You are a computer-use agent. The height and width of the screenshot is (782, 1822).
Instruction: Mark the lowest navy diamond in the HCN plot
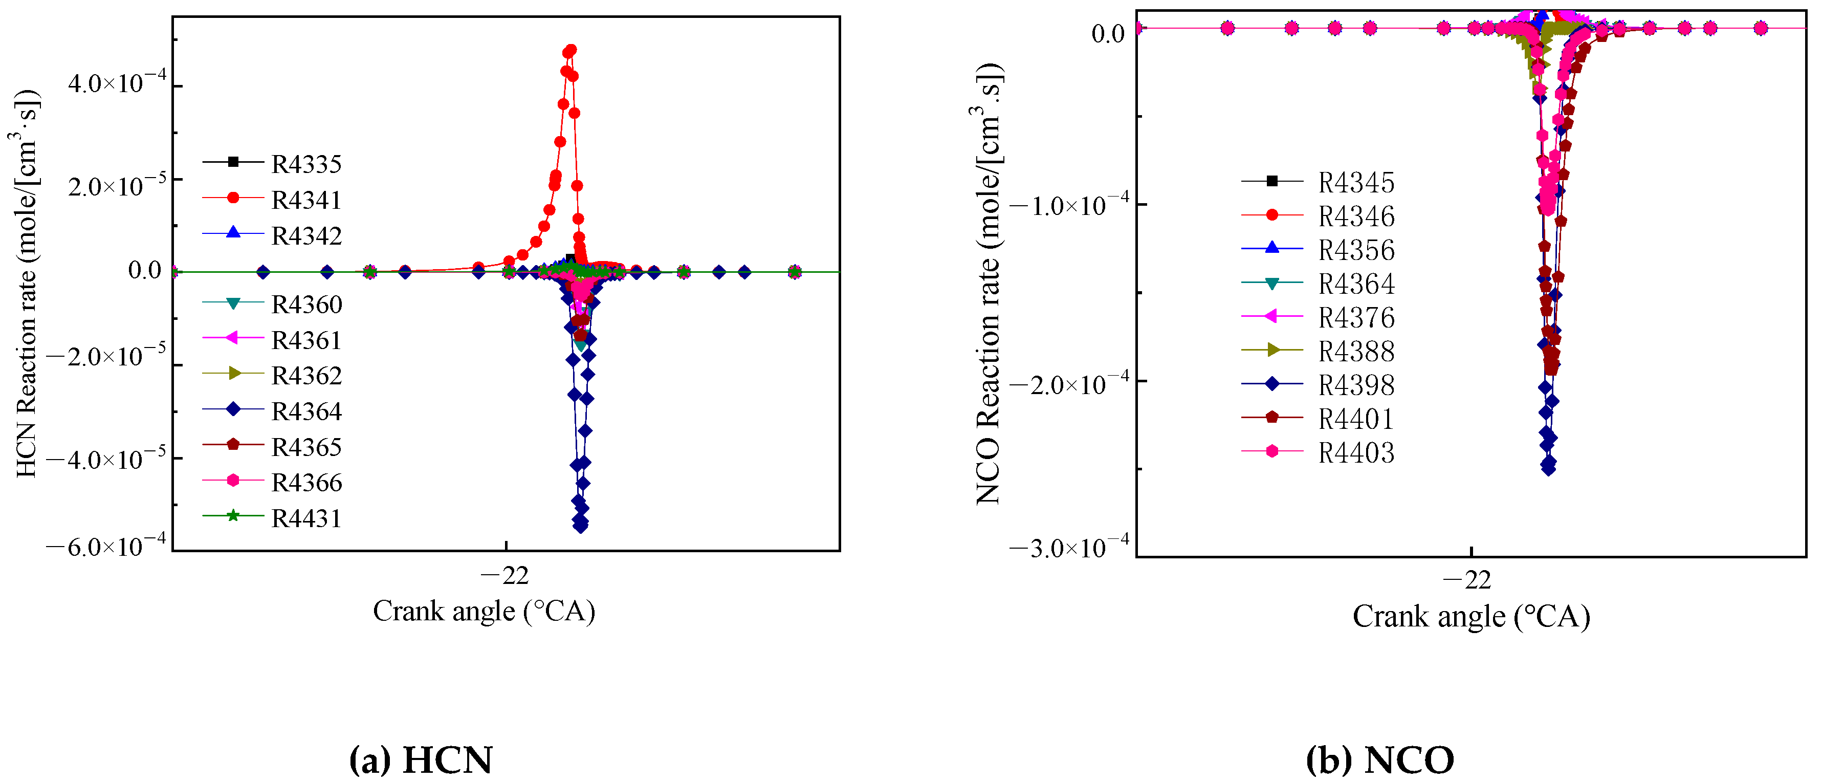581,527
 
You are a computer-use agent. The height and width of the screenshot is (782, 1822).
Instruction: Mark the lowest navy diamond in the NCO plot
1548,468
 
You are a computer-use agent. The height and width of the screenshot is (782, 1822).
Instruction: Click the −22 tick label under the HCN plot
505,576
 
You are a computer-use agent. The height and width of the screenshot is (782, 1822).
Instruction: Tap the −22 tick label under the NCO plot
1467,581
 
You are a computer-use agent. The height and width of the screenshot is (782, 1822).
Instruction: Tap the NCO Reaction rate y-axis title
989,283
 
